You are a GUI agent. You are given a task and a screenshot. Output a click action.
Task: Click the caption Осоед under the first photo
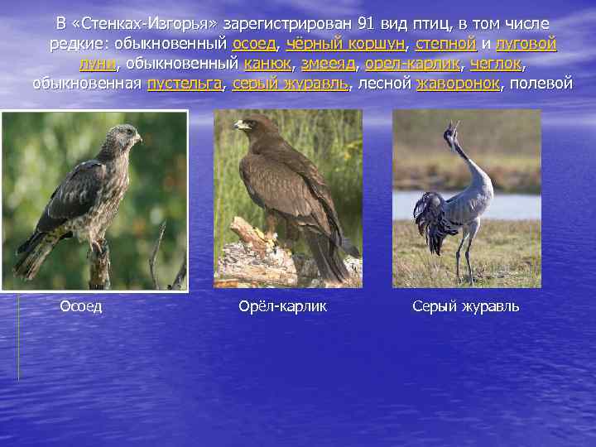81,306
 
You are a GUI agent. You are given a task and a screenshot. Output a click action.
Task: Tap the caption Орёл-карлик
282,306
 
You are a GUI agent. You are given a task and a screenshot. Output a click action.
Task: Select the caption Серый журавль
466,306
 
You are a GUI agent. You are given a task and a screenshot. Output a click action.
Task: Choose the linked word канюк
267,63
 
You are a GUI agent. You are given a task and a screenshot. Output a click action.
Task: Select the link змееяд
328,63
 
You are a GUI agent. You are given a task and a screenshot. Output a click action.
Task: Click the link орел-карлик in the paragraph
416,63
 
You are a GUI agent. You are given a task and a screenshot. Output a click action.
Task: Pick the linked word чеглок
499,63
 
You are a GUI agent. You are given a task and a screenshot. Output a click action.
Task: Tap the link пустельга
185,83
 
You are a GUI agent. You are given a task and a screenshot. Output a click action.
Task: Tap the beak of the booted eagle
240,126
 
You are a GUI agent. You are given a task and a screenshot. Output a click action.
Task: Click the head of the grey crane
452,130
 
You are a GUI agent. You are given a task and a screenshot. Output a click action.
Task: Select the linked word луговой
526,43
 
